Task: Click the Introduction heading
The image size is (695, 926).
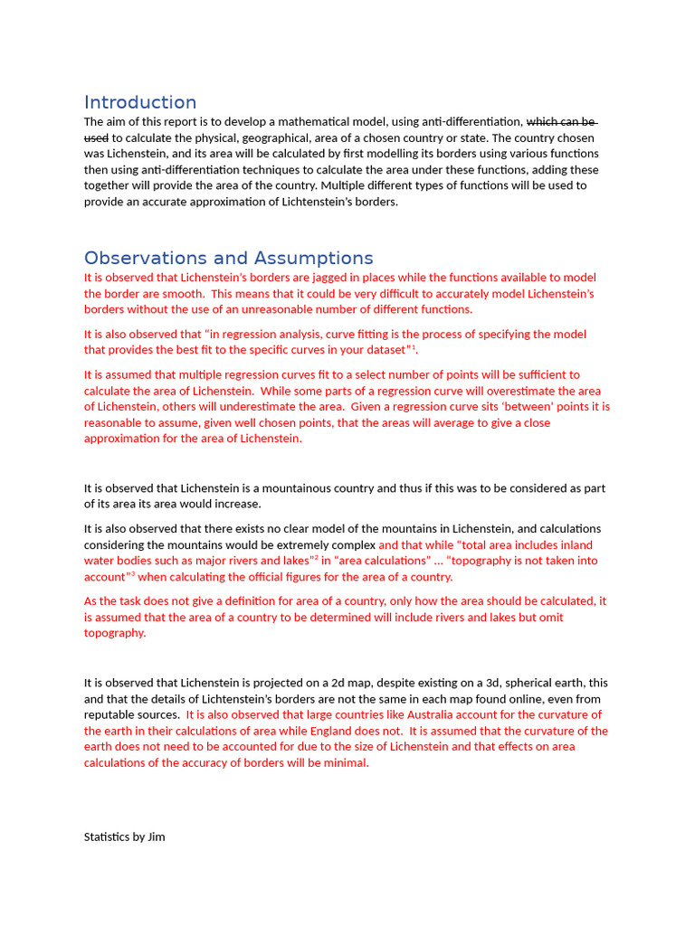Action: coord(140,102)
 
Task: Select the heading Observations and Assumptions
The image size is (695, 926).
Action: coord(228,258)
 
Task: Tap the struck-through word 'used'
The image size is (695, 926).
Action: coord(96,137)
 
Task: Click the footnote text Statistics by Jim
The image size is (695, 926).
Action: coord(125,836)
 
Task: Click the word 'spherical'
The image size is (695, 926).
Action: coord(514,683)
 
